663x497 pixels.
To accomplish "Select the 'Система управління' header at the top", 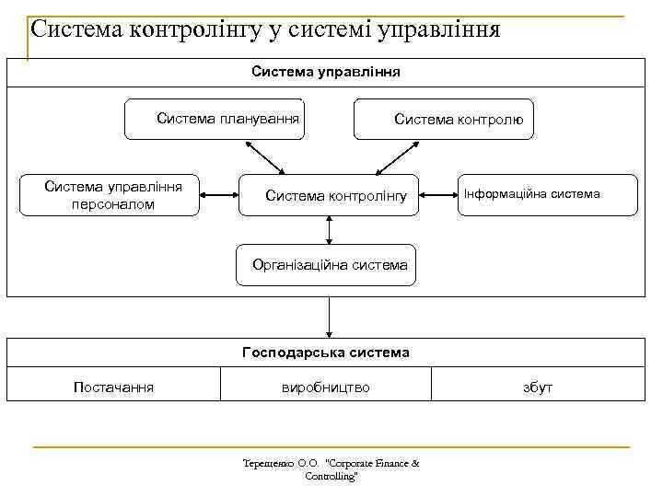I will click(x=325, y=71).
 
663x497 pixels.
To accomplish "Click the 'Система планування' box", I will click(x=214, y=119).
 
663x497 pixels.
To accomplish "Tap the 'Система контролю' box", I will click(x=444, y=119).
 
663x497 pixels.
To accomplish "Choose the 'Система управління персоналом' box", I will click(x=110, y=195).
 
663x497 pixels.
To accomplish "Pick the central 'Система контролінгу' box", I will click(x=329, y=195).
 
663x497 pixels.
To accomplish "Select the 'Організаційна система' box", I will click(x=327, y=265).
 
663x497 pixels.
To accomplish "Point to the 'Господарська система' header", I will click(x=325, y=353).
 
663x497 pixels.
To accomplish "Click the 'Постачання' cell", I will click(x=113, y=387).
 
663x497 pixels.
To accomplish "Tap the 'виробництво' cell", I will click(x=325, y=387).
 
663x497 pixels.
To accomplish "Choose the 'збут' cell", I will click(x=538, y=387).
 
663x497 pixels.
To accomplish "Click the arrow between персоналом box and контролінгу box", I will click(x=219, y=195).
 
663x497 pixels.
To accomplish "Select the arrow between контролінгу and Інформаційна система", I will click(x=438, y=195).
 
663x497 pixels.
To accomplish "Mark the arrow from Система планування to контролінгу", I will click(x=267, y=157).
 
